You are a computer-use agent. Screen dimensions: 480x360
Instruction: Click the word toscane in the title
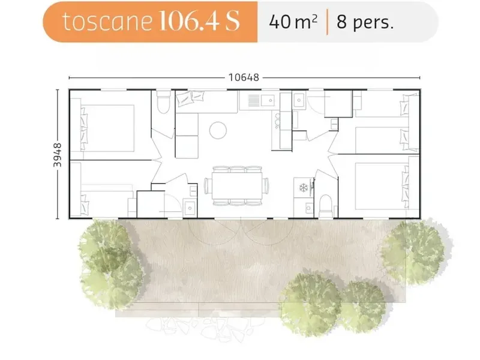pyautogui.click(x=107, y=22)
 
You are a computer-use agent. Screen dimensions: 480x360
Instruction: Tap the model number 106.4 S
pyautogui.click(x=199, y=21)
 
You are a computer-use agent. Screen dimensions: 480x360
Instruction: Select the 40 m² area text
pyautogui.click(x=293, y=22)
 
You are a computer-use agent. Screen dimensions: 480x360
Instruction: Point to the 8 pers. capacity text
pyautogui.click(x=365, y=22)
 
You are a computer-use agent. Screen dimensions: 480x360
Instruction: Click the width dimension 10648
pyautogui.click(x=244, y=77)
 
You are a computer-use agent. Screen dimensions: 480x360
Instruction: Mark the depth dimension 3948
pyautogui.click(x=57, y=155)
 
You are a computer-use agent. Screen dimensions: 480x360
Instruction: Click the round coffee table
pyautogui.click(x=218, y=130)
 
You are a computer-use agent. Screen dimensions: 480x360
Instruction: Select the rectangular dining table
pyautogui.click(x=237, y=186)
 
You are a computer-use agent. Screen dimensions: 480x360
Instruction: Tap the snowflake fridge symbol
pyautogui.click(x=304, y=187)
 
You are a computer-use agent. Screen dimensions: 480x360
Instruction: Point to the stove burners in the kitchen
pyautogui.click(x=277, y=121)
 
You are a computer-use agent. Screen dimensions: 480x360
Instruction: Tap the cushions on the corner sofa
pyautogui.click(x=190, y=98)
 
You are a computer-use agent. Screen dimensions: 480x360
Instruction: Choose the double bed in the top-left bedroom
pyautogui.click(x=107, y=128)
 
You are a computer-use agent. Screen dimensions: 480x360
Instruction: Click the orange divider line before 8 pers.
pyautogui.click(x=327, y=22)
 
